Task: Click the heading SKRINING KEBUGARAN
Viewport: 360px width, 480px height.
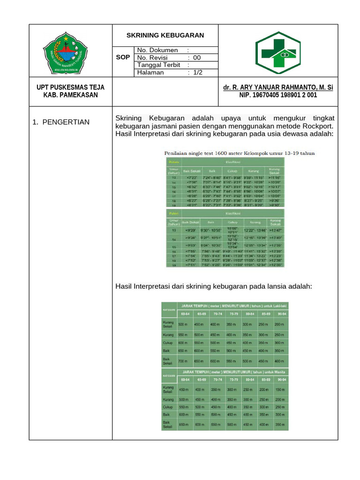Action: tap(165, 35)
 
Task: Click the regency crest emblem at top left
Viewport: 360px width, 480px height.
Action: tap(66, 52)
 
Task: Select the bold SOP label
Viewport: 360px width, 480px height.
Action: tap(123, 57)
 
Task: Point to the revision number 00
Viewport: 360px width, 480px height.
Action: tap(197, 58)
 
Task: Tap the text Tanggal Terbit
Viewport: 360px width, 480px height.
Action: tap(159, 65)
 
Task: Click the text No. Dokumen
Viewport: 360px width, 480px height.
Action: tap(157, 50)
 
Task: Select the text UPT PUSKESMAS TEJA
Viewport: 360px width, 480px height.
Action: tap(71, 88)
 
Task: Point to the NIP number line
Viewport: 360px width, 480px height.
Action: tap(278, 95)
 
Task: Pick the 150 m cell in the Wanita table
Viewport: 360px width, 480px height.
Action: tap(280, 390)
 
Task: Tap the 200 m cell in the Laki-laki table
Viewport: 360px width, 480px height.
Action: tap(280, 324)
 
